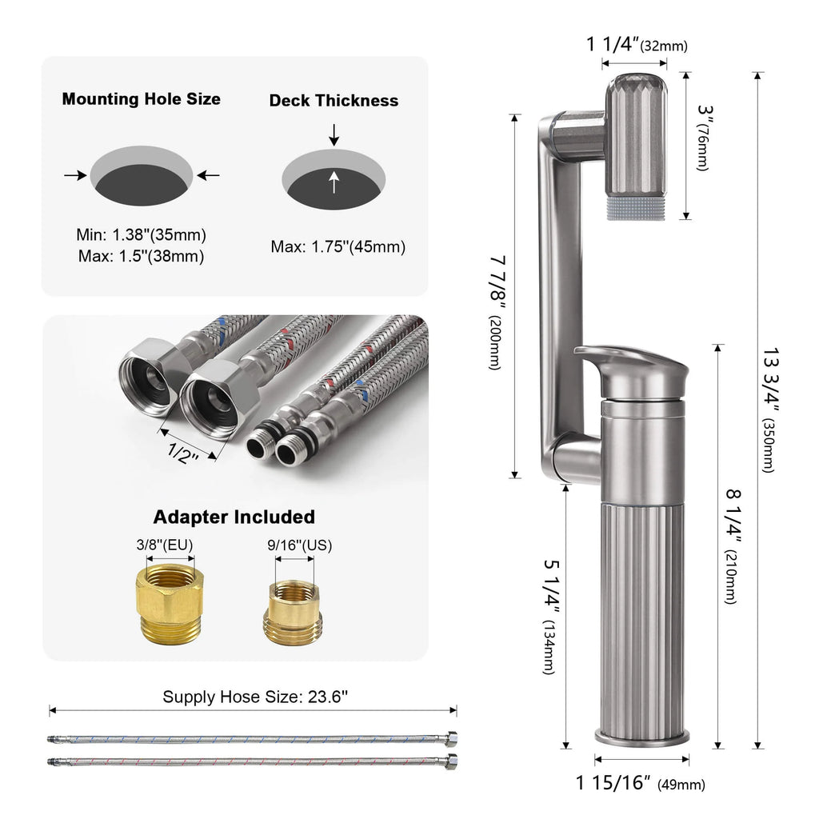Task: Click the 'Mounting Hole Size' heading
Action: tap(142, 99)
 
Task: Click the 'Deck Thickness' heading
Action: tap(334, 100)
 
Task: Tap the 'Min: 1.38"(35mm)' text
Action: tap(142, 235)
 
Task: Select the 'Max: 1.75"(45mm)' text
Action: tap(338, 246)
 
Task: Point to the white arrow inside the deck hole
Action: tap(334, 184)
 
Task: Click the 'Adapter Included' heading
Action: tap(234, 517)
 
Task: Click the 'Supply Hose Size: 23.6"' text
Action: tap(255, 697)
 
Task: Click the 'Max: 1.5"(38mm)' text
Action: tap(142, 256)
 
